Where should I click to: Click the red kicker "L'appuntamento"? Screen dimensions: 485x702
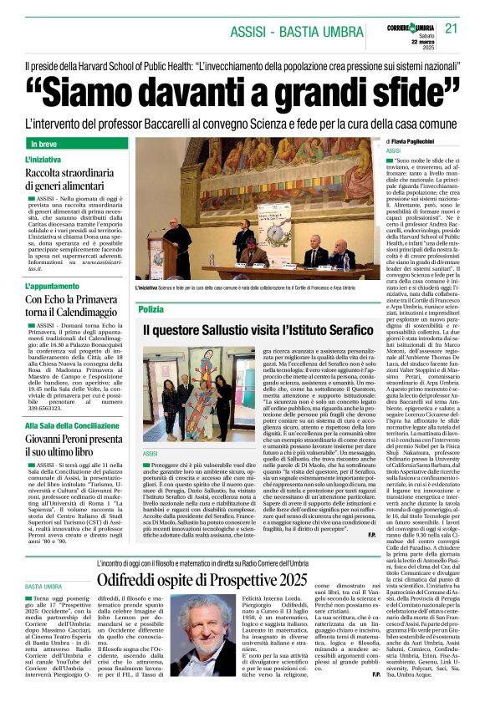pyautogui.click(x=53, y=285)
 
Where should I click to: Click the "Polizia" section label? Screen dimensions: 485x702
pyautogui.click(x=151, y=309)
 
